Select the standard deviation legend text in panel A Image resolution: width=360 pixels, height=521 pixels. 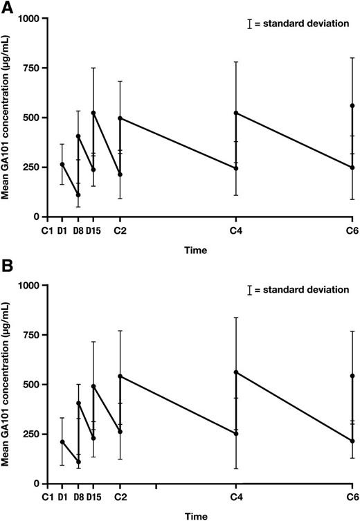click(x=302, y=24)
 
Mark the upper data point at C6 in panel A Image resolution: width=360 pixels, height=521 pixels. click(x=352, y=106)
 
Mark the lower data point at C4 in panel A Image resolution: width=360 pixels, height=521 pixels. click(x=236, y=168)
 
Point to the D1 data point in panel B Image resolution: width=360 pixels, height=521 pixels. click(x=62, y=441)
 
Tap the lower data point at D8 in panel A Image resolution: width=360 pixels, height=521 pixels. click(x=78, y=195)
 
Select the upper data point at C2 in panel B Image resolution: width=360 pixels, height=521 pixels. click(x=120, y=376)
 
